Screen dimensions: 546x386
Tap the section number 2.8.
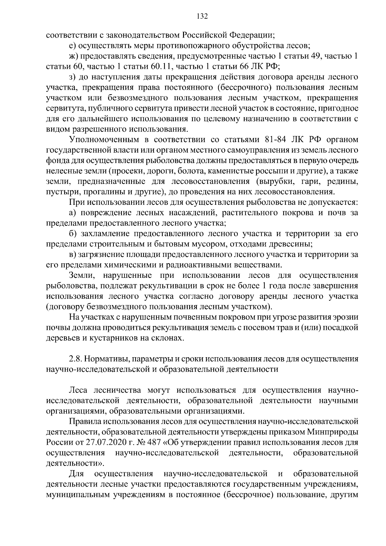point(75,359)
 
